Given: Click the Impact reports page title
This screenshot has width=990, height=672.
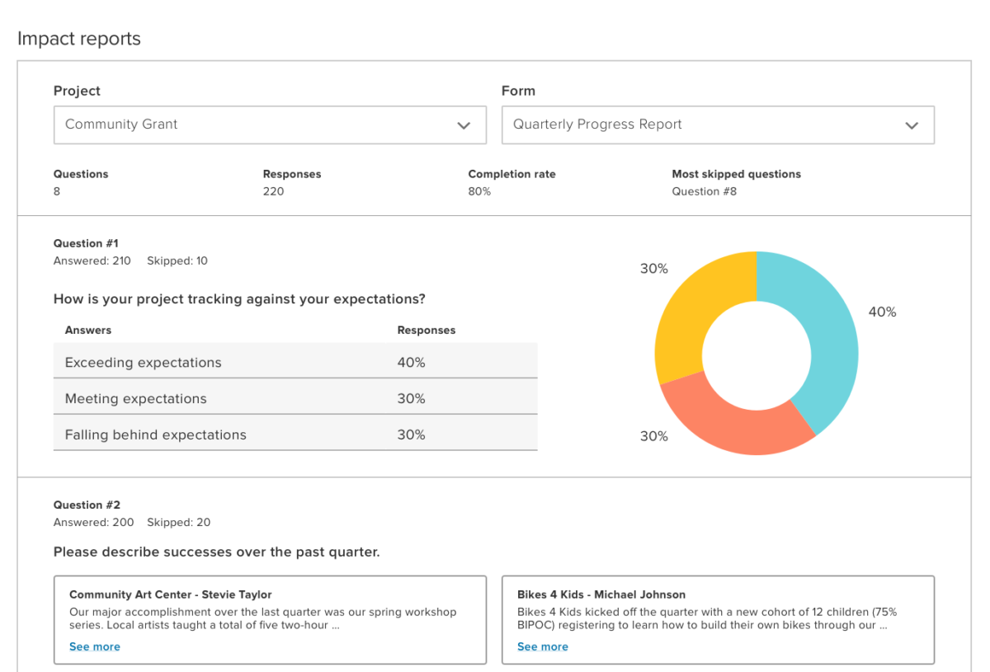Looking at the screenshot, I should [x=79, y=39].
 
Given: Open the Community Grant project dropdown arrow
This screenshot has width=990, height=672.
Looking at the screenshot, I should [x=464, y=125].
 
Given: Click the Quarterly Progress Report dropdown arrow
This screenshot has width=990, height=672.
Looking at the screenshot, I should [x=912, y=125].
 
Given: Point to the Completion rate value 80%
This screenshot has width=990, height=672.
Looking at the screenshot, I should [x=479, y=191].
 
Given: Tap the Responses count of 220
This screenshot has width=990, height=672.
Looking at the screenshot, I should [x=273, y=191].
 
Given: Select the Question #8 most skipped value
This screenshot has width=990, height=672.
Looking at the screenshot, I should [x=705, y=191].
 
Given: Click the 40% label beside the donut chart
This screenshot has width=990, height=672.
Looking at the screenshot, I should [x=882, y=312].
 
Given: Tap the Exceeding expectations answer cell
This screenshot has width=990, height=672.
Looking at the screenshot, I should [x=144, y=363].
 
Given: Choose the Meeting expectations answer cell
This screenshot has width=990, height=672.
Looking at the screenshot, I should [x=136, y=399].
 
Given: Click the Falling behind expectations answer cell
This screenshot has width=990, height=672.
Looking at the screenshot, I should [x=156, y=435].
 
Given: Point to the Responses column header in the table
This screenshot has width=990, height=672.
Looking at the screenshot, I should [x=427, y=330].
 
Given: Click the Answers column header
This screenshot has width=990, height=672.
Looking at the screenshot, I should [x=88, y=330].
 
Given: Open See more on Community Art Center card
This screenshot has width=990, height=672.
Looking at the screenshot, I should [x=95, y=646].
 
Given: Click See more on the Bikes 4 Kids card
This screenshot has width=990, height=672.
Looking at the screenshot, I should [x=543, y=646].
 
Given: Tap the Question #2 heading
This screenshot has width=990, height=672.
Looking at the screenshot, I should [x=87, y=505].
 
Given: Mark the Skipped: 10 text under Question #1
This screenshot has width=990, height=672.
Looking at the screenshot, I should [x=177, y=261].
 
